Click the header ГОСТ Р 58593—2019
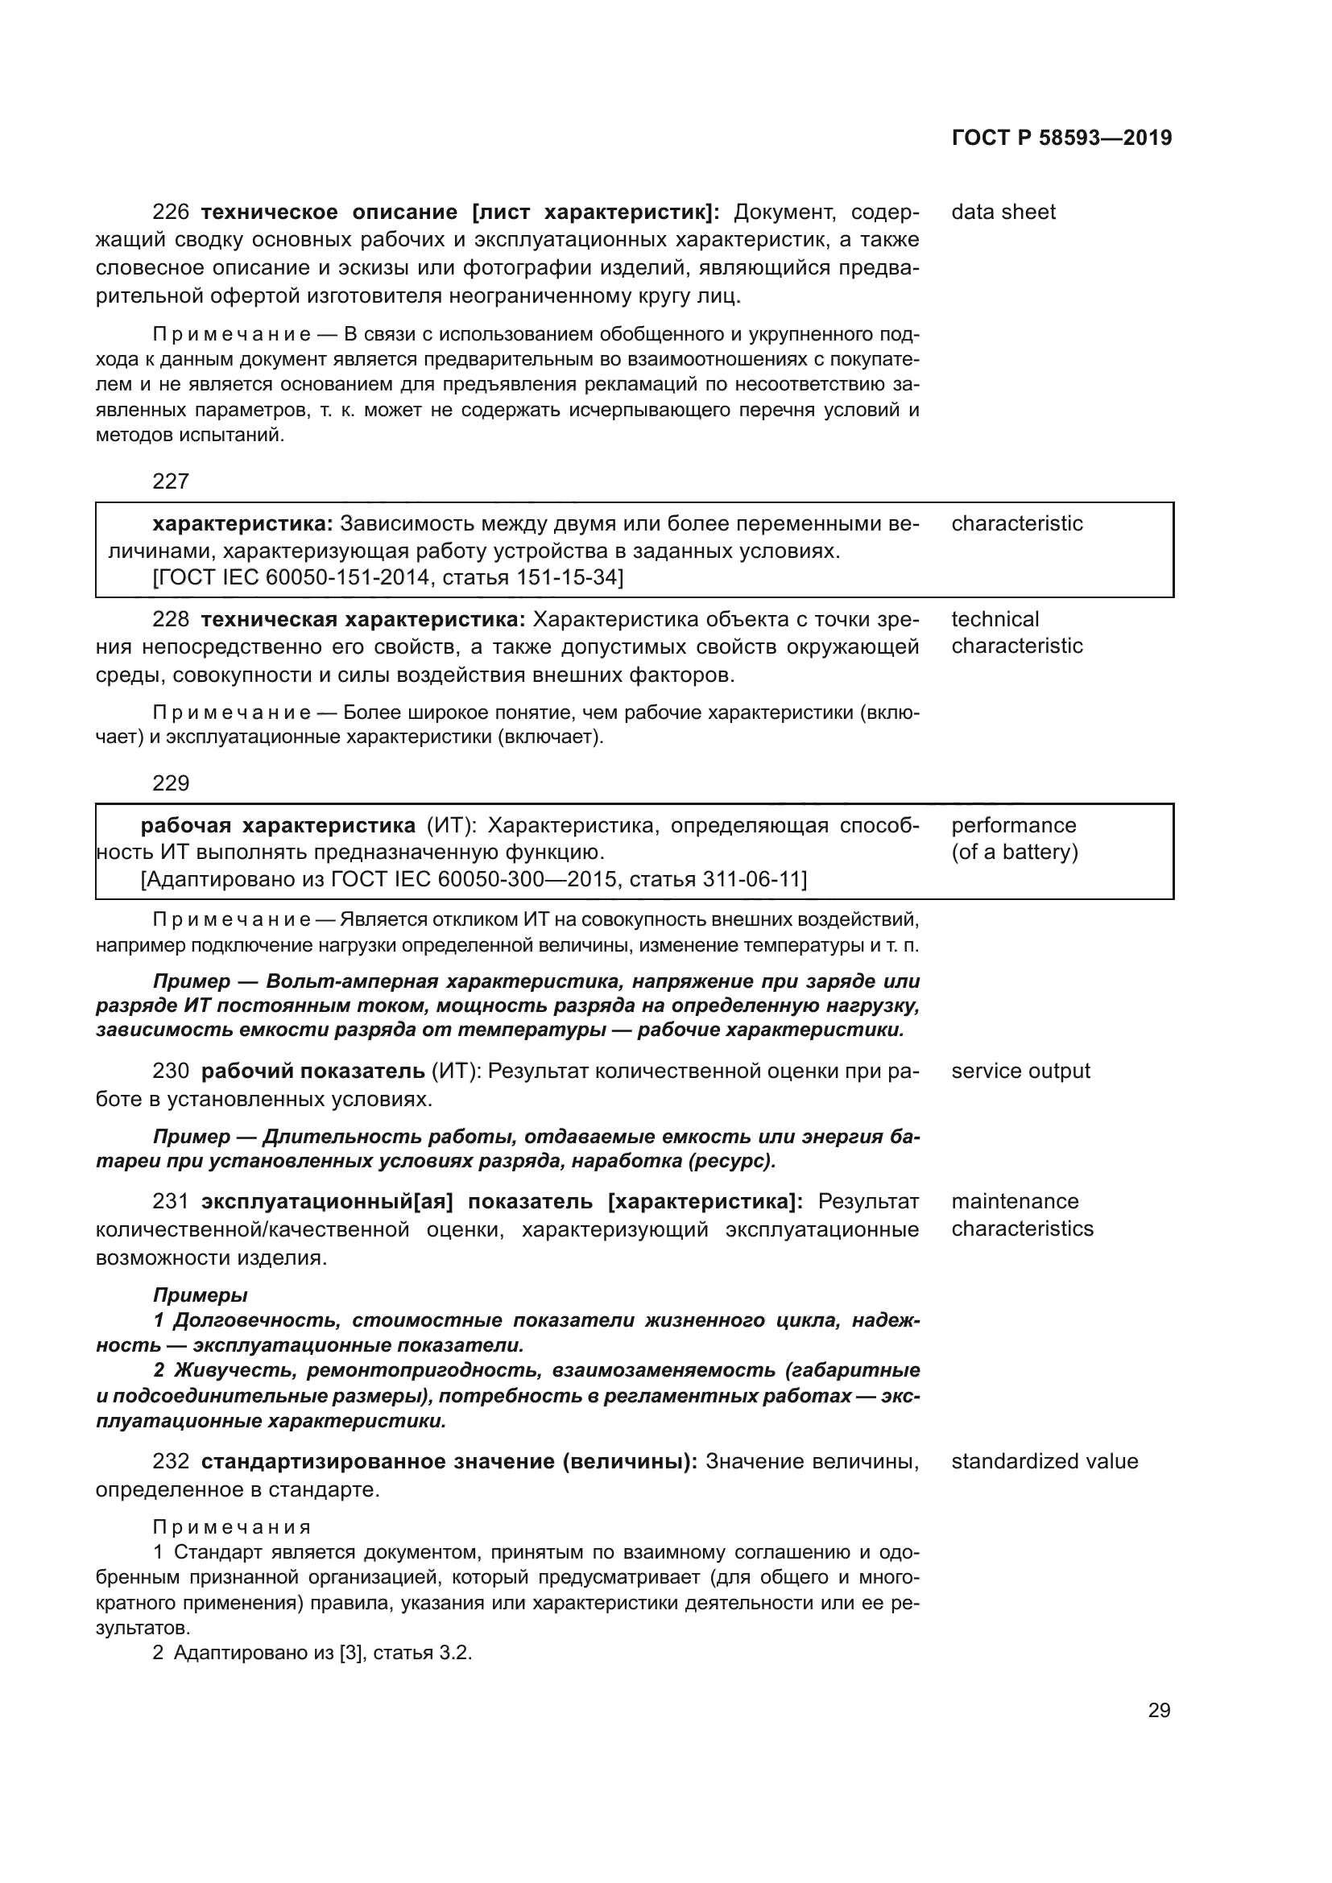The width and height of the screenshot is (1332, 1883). [1061, 138]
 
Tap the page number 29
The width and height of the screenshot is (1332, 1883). [1159, 1710]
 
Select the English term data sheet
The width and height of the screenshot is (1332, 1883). [1003, 212]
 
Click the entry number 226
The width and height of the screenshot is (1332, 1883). [171, 213]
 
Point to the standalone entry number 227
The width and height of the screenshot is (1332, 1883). [171, 481]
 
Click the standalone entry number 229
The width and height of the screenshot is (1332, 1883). [171, 783]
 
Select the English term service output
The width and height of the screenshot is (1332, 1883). [1020, 1071]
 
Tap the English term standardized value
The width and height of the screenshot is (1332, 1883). [1045, 1461]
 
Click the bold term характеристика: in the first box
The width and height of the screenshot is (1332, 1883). [242, 523]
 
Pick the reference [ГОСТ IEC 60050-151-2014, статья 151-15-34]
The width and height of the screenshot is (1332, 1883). [388, 577]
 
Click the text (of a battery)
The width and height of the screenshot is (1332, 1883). [1015, 852]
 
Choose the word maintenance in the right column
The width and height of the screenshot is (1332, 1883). [1015, 1201]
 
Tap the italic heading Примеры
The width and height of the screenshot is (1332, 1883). [201, 1295]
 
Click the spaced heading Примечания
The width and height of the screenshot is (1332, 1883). [232, 1527]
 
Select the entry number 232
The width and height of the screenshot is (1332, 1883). [171, 1462]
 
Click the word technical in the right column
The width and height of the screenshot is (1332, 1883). [994, 619]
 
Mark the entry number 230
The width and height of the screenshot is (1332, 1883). [171, 1071]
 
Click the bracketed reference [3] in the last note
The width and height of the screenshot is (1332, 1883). [351, 1653]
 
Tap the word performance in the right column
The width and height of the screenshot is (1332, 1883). [1014, 825]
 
